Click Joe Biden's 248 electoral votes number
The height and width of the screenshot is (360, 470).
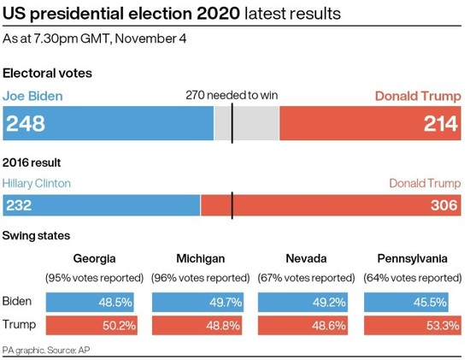pos(26,124)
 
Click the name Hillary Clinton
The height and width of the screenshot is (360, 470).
pos(37,183)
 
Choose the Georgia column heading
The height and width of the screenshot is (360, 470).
pos(95,258)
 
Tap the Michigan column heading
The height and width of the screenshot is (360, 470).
pos(201,258)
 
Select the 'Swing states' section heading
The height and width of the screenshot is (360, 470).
pos(36,235)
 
